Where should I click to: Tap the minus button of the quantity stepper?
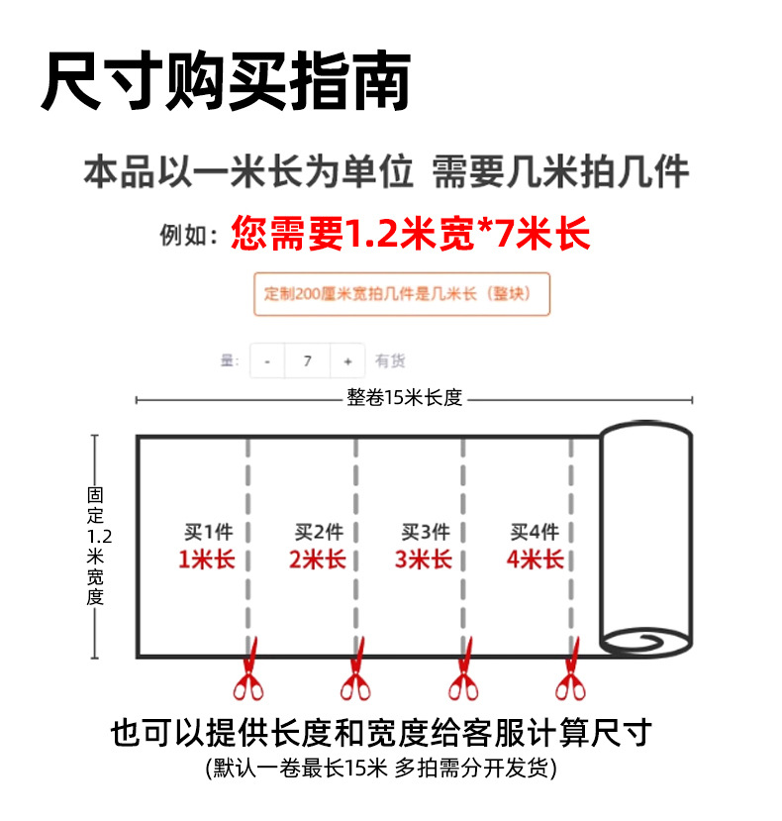(x=267, y=361)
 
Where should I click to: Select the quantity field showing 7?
(x=308, y=361)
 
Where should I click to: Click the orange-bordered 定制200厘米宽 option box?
(x=401, y=294)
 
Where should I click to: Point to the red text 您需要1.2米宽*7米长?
(x=410, y=234)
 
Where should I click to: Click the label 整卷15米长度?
(x=405, y=398)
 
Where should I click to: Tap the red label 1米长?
(x=206, y=560)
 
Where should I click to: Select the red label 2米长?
(x=317, y=560)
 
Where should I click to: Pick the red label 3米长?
(x=424, y=560)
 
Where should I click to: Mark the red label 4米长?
(x=535, y=560)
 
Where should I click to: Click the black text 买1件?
(x=206, y=532)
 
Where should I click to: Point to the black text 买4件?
(x=535, y=532)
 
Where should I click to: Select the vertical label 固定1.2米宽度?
(x=95, y=546)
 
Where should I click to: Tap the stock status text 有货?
(x=390, y=361)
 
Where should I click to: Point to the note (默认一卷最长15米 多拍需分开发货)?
(x=381, y=768)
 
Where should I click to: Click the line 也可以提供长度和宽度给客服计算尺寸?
(x=381, y=733)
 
